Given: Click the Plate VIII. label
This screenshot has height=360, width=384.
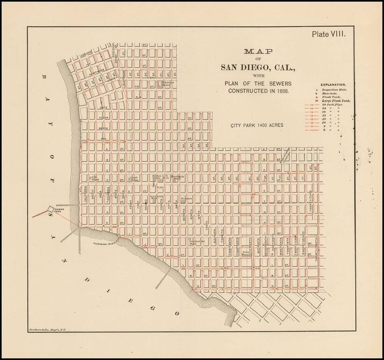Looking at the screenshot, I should click(x=329, y=34).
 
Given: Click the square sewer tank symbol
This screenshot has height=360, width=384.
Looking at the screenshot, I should click(x=50, y=210).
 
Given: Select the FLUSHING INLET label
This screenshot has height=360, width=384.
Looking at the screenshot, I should click(x=104, y=243).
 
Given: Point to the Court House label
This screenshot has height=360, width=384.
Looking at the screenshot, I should click(x=134, y=178).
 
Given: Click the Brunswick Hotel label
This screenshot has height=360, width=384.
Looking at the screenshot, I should click(x=176, y=178).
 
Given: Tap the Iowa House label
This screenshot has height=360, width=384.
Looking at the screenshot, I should click(x=246, y=253).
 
